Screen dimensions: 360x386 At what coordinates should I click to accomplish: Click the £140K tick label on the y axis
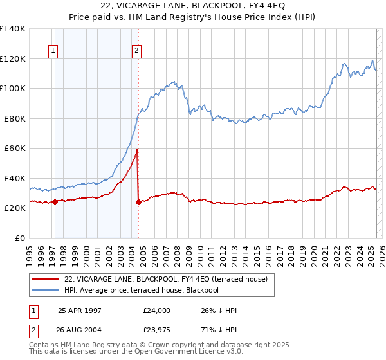click(x=13, y=29)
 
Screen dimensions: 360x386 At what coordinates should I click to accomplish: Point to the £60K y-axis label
click(x=15, y=148)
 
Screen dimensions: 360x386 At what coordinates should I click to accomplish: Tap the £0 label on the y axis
click(x=20, y=238)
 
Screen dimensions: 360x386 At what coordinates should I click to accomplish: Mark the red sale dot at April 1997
click(x=55, y=202)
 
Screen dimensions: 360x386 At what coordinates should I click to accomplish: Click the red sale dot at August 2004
click(x=139, y=202)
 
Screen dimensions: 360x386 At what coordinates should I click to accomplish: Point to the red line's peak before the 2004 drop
click(x=137, y=150)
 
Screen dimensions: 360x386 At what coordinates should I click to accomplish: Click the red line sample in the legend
click(x=45, y=278)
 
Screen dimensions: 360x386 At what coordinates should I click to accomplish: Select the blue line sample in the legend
click(x=45, y=290)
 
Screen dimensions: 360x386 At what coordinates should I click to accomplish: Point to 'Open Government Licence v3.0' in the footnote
click(x=193, y=352)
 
